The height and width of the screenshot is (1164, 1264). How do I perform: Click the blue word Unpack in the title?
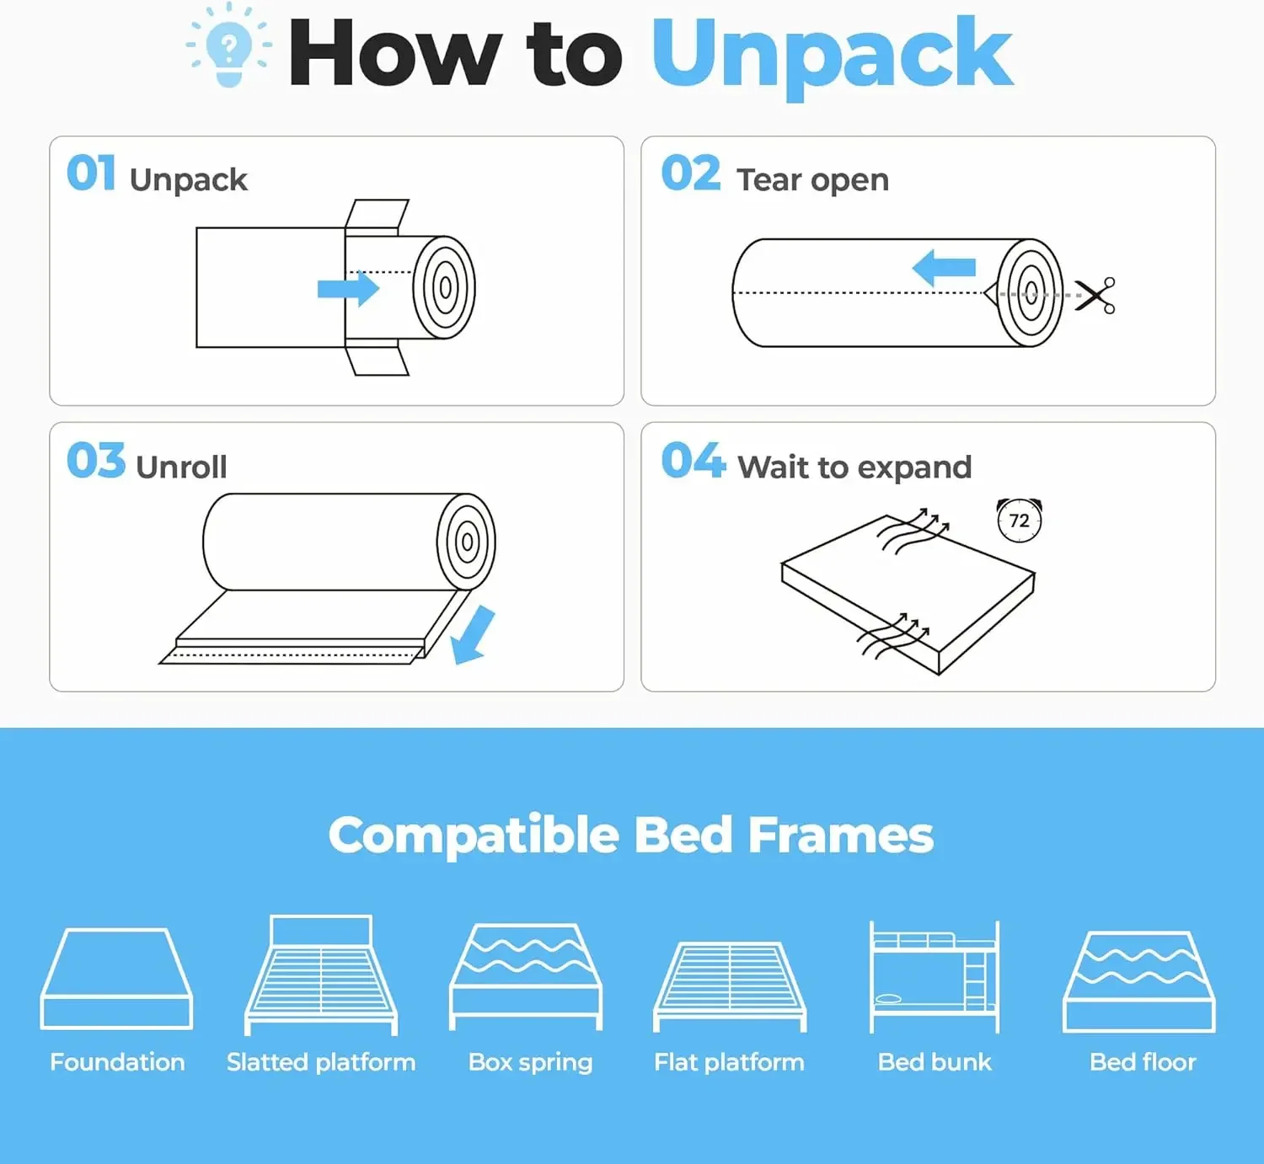[832, 56]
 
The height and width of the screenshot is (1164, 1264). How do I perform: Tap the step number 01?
[91, 174]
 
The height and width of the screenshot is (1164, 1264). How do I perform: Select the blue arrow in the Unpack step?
[348, 289]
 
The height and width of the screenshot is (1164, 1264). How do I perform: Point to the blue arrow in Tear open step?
[945, 269]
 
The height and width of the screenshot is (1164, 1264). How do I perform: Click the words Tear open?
[812, 179]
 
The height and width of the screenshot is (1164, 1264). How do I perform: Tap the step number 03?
[95, 461]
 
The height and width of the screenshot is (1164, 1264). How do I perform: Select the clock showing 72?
[1020, 521]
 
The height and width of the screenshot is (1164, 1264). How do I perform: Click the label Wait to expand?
[854, 467]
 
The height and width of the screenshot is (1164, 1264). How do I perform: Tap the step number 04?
[692, 461]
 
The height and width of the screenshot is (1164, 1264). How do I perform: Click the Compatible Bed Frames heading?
[631, 835]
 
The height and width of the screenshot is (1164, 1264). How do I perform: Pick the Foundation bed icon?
[117, 979]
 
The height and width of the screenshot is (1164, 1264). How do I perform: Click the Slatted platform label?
[321, 1062]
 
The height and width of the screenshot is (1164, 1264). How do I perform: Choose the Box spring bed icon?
[527, 975]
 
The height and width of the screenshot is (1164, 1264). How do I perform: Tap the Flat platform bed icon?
[730, 984]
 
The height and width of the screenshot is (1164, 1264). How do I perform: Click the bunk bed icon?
[935, 977]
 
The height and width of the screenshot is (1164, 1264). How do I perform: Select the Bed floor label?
[1143, 1062]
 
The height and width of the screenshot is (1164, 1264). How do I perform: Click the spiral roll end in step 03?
[466, 542]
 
